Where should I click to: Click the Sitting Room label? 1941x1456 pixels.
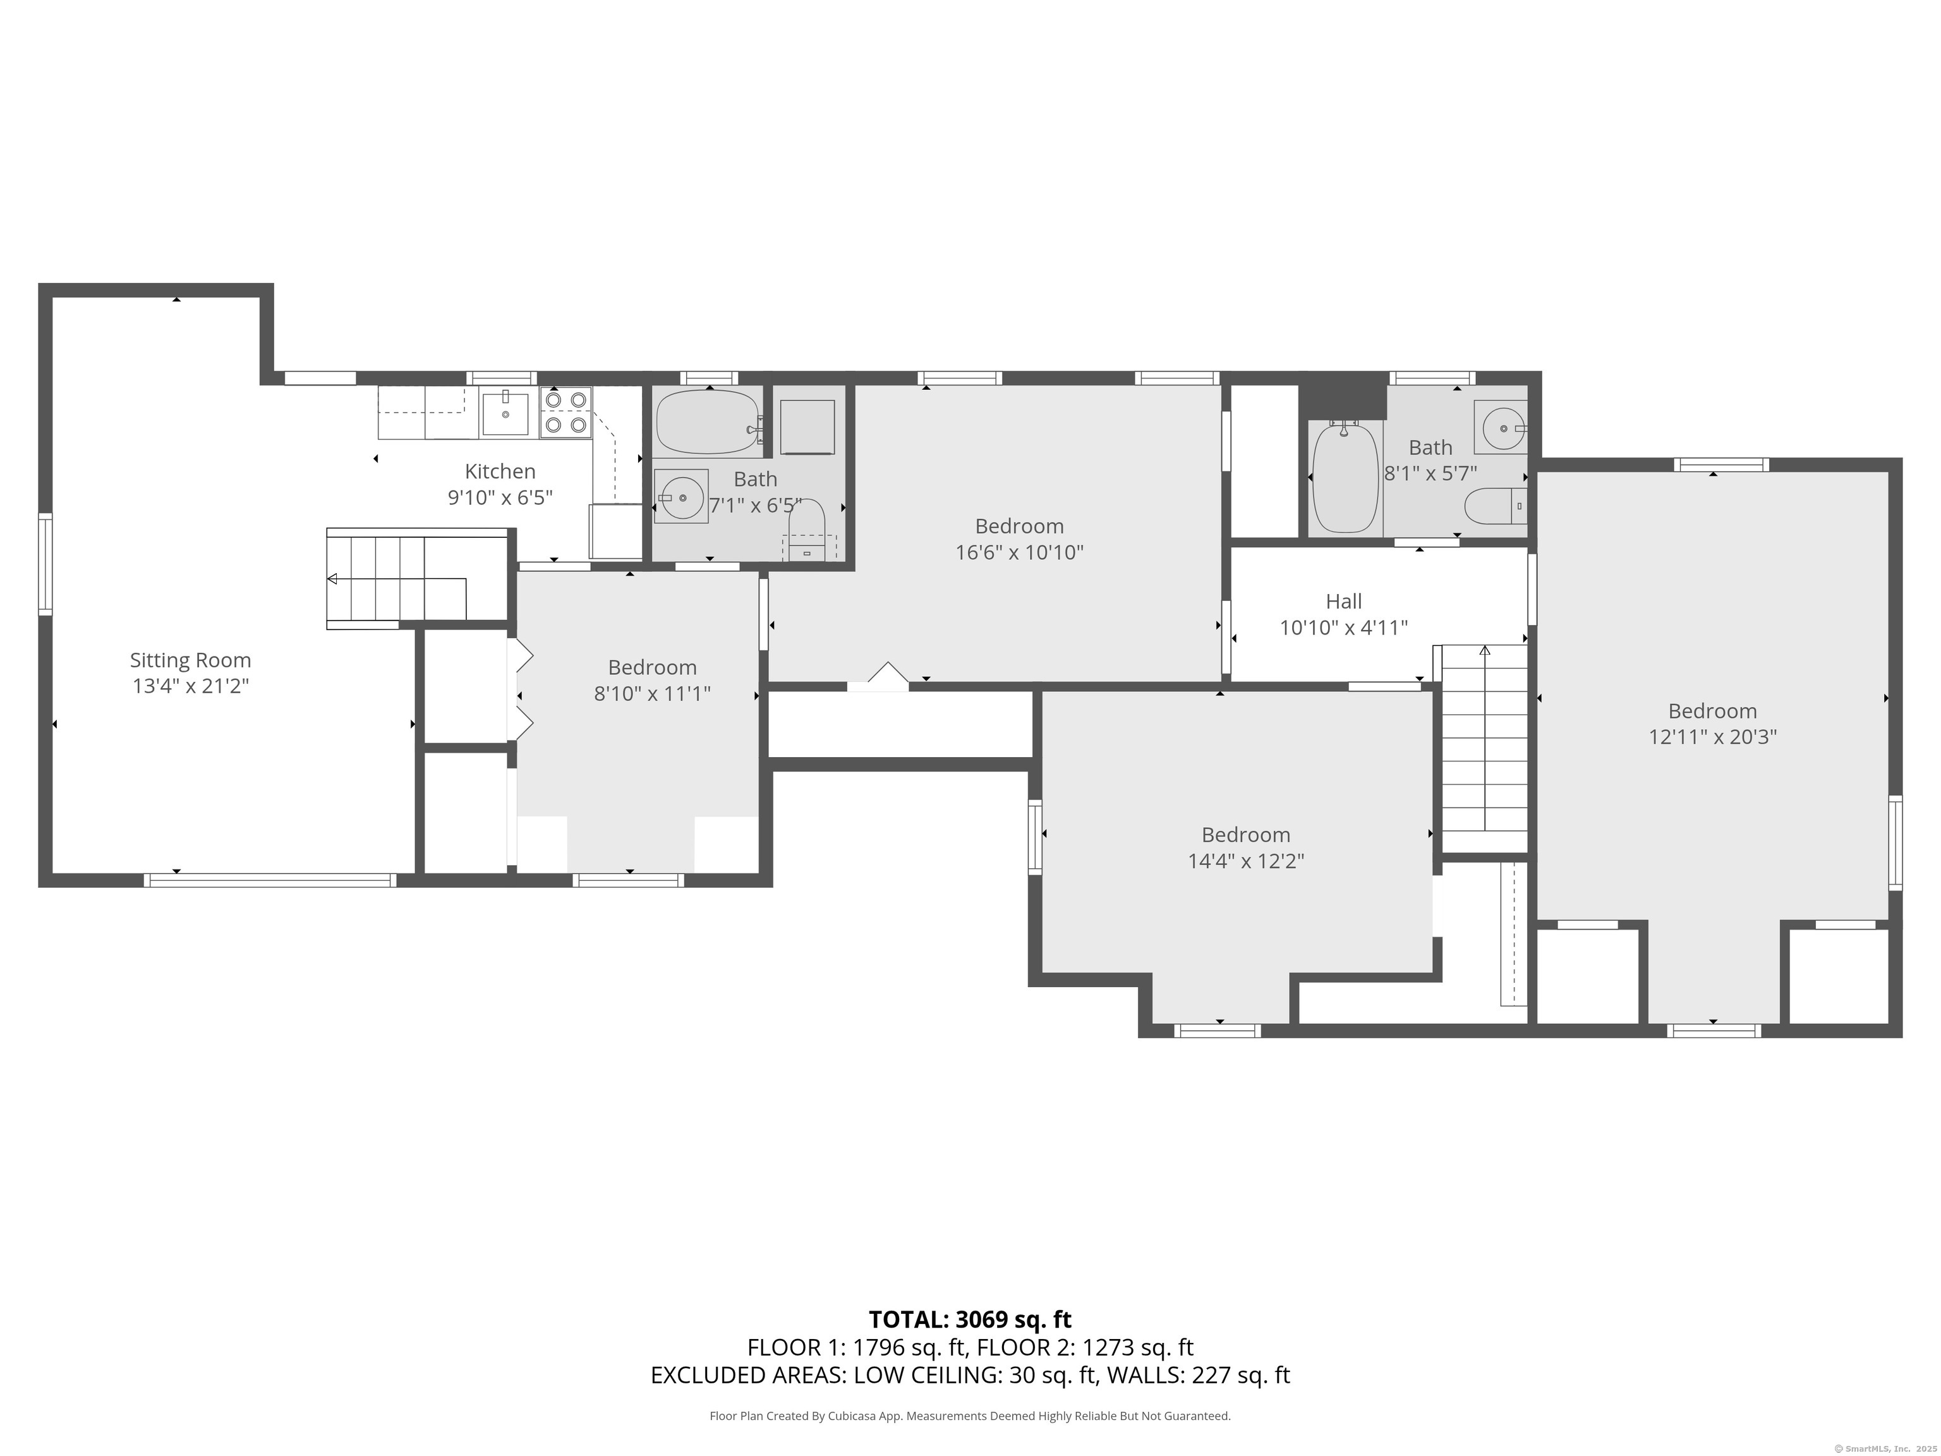click(190, 660)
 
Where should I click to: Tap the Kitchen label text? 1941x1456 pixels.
click(500, 471)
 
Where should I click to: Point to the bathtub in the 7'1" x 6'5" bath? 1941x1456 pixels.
click(709, 422)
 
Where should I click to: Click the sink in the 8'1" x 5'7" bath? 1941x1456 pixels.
click(1501, 427)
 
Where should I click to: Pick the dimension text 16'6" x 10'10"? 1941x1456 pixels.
click(1020, 553)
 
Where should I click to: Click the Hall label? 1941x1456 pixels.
click(1343, 601)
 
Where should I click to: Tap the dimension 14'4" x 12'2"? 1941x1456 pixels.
click(1246, 861)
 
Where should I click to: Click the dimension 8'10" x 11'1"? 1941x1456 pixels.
click(652, 693)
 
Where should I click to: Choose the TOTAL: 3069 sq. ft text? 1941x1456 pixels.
click(970, 1319)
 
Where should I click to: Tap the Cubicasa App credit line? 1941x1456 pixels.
click(970, 1416)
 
